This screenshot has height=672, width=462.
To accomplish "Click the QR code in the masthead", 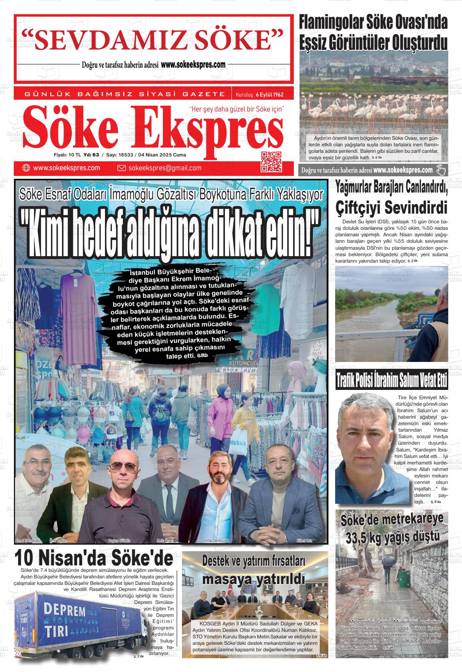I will click(x=271, y=161).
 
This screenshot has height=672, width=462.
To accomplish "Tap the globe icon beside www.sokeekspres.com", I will click(x=26, y=168).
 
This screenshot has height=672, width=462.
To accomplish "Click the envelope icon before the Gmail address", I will click(x=121, y=168).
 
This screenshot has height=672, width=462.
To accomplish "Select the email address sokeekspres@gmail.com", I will click(x=165, y=168).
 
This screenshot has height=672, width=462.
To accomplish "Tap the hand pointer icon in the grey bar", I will click(x=441, y=170).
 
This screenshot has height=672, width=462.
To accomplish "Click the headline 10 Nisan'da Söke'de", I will click(x=94, y=558).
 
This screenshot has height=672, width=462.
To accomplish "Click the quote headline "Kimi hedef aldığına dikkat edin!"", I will click(x=170, y=235).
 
